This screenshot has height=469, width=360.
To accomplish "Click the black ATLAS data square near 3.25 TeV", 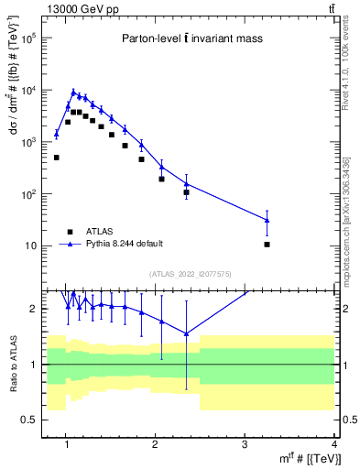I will (x=267, y=245).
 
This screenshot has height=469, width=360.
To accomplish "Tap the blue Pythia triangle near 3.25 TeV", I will (x=267, y=220).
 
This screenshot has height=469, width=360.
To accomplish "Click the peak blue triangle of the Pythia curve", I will (x=73, y=92).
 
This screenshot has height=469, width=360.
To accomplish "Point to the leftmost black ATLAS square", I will (x=56, y=158).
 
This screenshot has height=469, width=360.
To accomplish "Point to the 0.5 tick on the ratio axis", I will (x=27, y=420).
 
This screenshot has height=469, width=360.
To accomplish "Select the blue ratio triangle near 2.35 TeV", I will (x=186, y=333).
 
